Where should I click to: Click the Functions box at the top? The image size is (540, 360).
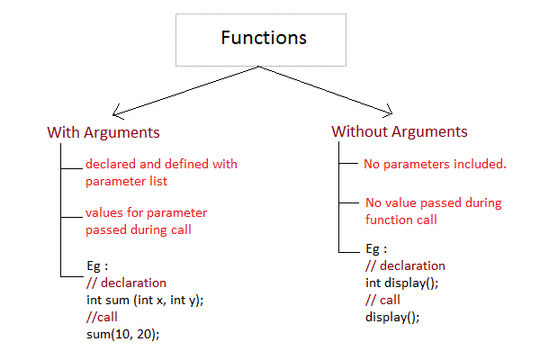coord(263,39)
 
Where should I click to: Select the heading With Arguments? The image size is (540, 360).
coord(103,132)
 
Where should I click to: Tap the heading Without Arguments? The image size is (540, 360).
coord(400,131)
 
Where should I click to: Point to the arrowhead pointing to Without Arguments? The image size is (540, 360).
coord(389,112)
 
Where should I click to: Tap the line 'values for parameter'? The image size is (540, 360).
coord(146,213)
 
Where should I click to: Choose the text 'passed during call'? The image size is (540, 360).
coord(139,229)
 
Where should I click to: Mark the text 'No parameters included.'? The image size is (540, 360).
coord(435,165)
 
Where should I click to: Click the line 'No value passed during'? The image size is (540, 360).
coord(433,202)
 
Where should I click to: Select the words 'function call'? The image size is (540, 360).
coord(401,219)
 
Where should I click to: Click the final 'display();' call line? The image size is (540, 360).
coord(392,317)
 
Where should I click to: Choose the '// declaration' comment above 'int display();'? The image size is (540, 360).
coord(405,265)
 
